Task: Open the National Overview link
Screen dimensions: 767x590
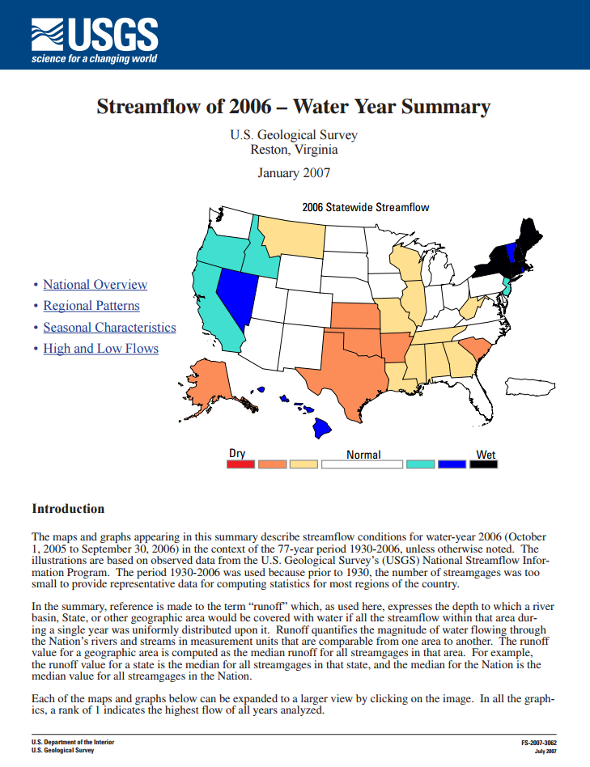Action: tap(95, 284)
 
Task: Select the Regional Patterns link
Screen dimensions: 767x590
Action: tap(91, 306)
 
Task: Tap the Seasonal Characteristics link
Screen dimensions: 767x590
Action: tap(109, 328)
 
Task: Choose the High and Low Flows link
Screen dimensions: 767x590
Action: tap(100, 349)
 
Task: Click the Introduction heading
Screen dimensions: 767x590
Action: tap(68, 509)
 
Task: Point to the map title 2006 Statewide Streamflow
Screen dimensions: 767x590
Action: tap(365, 207)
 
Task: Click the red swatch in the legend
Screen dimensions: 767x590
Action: tap(240, 464)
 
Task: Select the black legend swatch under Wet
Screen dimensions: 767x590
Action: tap(485, 464)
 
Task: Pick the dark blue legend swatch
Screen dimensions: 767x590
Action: tap(452, 464)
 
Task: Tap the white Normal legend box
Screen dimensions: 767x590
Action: tap(362, 464)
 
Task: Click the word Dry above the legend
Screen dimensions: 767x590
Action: tap(237, 454)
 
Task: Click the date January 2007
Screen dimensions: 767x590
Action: tap(294, 172)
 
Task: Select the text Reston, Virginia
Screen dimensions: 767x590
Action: tap(294, 149)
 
